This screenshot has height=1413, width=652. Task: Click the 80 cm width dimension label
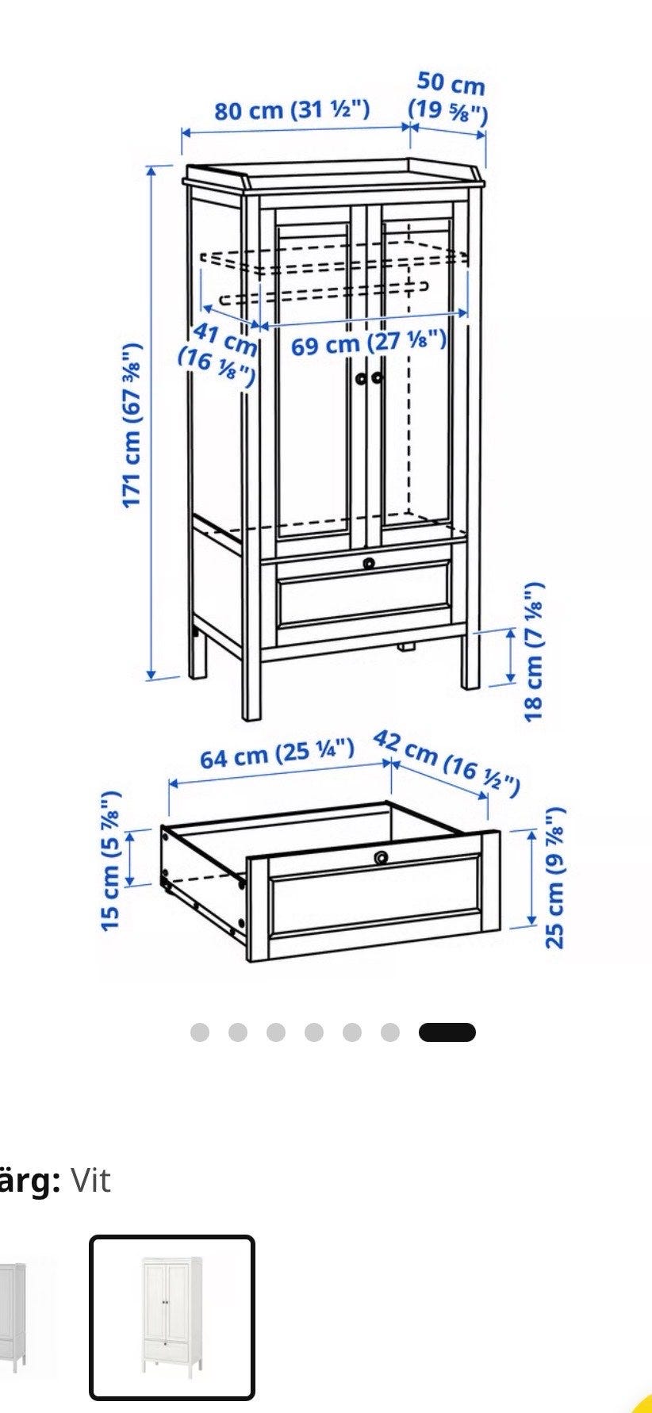click(292, 109)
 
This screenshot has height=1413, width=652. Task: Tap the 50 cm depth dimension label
click(449, 97)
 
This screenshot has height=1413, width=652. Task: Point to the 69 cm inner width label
click(369, 343)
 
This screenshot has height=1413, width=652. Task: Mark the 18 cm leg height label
click(535, 652)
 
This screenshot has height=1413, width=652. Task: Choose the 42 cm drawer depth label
click(447, 763)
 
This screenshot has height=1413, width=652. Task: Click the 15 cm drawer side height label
click(111, 860)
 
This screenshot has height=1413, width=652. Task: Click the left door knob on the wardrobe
click(362, 378)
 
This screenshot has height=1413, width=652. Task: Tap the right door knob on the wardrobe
click(376, 377)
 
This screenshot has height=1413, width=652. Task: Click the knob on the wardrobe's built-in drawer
click(369, 563)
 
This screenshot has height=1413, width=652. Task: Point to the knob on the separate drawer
click(382, 857)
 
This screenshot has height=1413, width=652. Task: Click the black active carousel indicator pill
click(447, 1032)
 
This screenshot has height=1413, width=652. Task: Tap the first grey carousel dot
click(200, 1032)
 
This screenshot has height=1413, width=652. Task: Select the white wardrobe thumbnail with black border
click(172, 1318)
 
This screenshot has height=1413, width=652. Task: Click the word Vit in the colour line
click(90, 1181)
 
